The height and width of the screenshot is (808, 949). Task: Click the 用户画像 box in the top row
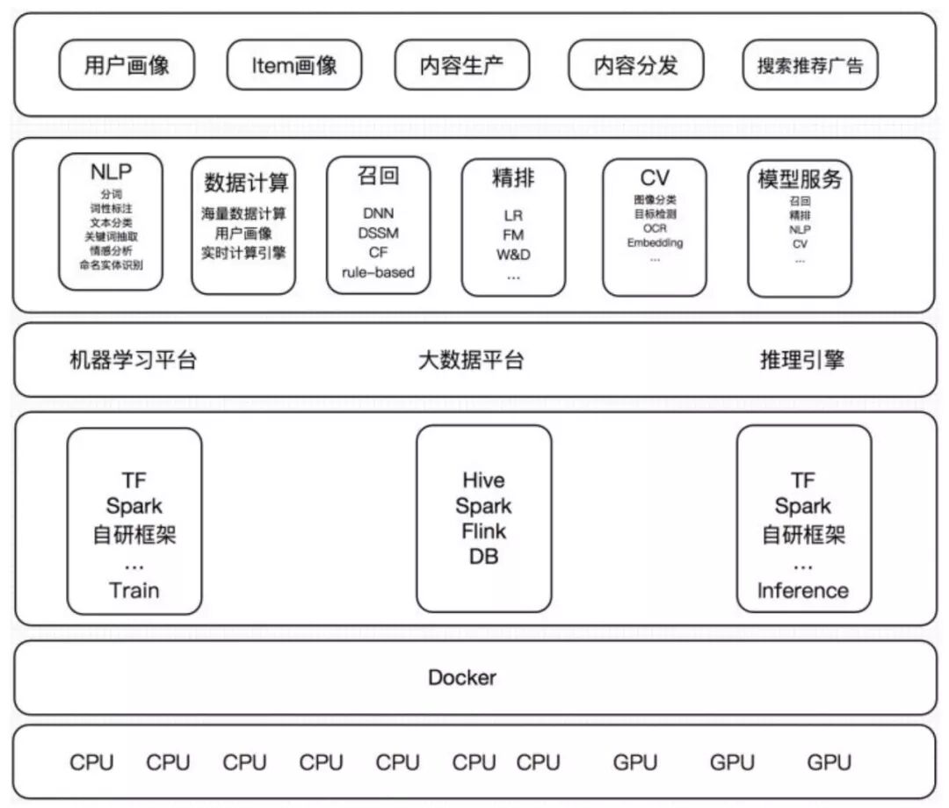pos(127,66)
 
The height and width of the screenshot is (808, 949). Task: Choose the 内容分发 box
pos(636,66)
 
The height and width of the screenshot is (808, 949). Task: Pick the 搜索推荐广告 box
pos(810,66)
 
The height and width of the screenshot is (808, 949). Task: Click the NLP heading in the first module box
pos(112,170)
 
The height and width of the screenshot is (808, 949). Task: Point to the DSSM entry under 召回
pos(378,233)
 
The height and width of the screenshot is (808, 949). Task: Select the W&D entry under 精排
pos(513,255)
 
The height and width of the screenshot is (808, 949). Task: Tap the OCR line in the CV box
pos(655,228)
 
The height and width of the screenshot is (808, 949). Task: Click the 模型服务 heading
pos(800,179)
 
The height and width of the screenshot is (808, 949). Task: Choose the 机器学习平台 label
pos(133,360)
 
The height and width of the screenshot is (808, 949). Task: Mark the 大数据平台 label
pos(471,360)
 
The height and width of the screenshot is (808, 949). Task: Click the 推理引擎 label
pos(801,360)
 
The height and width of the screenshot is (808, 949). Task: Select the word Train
pos(134,589)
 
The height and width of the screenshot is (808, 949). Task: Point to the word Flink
pos(483,531)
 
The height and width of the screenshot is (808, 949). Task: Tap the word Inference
pos(802,590)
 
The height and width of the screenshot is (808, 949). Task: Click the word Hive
pos(483,480)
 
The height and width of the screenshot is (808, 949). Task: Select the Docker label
pos(462,677)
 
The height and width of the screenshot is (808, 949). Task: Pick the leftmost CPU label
pos(91,762)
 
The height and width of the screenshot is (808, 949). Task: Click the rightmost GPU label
pos(829,762)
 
